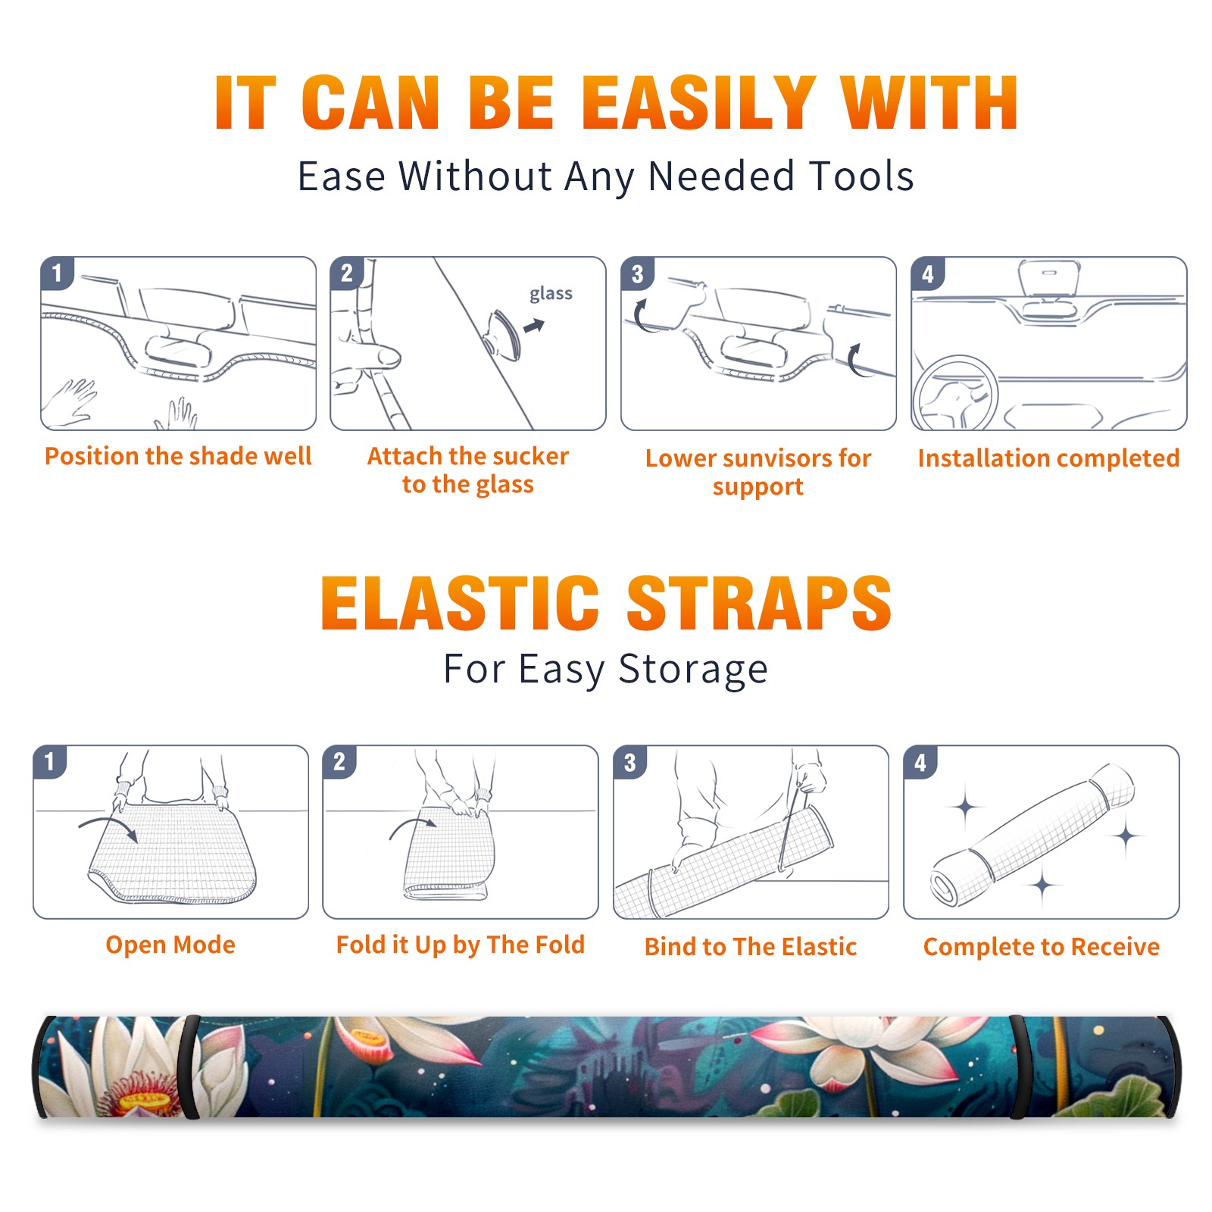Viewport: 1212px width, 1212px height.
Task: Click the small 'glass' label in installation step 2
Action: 551,293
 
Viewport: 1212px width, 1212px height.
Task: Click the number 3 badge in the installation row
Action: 637,273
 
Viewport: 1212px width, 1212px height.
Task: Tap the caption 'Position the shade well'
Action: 178,456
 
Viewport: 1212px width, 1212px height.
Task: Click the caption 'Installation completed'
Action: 1048,458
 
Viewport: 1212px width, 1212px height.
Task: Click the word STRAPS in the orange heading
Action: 759,603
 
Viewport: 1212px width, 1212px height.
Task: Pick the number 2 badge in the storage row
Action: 339,761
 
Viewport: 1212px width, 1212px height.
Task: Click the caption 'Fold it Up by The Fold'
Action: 461,945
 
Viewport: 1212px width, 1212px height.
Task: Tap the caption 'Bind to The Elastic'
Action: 751,947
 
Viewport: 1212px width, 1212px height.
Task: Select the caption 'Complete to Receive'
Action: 1042,947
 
